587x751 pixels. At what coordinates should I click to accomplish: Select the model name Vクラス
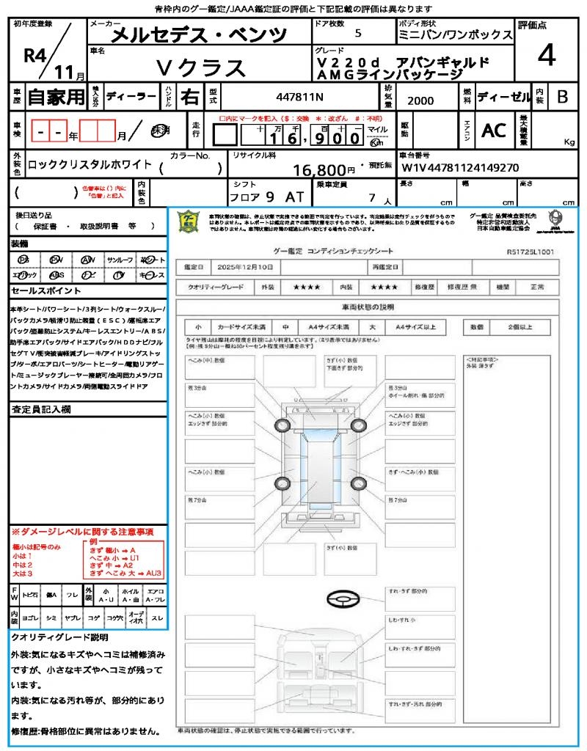pyautogui.click(x=201, y=67)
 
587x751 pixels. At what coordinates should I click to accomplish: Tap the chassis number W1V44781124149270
pyautogui.click(x=460, y=167)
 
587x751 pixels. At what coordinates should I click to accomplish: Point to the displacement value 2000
pyautogui.click(x=420, y=101)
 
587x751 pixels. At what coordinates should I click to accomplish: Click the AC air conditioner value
pyautogui.click(x=493, y=131)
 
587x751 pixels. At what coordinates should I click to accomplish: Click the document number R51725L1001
pyautogui.click(x=530, y=252)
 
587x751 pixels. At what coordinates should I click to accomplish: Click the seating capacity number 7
pyautogui.click(x=371, y=197)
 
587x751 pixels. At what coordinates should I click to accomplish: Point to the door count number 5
pyautogui.click(x=357, y=34)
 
